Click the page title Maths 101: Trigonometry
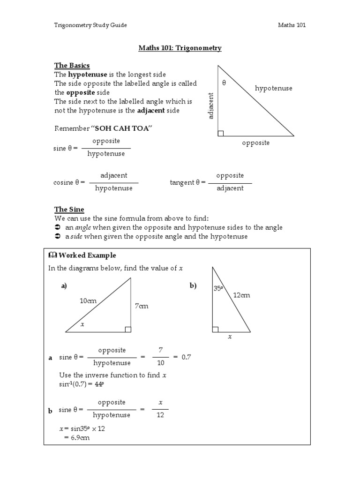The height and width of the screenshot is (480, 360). [180, 48]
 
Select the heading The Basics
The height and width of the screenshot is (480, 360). [72, 65]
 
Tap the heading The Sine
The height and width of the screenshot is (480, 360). [69, 210]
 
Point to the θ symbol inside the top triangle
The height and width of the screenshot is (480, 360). [224, 83]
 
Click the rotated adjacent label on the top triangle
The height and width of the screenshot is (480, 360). [211, 106]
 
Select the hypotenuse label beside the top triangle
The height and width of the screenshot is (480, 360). [273, 88]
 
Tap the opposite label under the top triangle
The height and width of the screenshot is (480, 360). [255, 142]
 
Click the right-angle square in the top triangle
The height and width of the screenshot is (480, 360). [221, 133]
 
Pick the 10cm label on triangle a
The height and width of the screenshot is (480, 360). [88, 300]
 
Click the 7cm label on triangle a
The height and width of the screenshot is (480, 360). [141, 306]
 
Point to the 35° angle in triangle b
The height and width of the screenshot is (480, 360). [218, 289]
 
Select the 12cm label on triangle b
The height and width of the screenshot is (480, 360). [241, 295]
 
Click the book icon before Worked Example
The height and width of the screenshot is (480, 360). [52, 255]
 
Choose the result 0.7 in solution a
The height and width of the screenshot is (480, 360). [187, 357]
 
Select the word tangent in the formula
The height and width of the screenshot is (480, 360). [181, 182]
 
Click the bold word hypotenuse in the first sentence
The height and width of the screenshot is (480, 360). [88, 75]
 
